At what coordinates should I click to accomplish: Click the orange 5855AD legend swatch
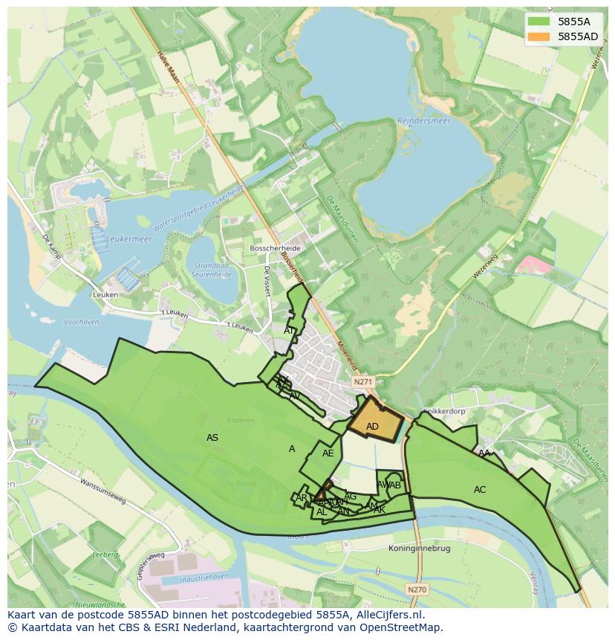click(539, 36)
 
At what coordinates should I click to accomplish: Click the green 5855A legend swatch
click(539, 22)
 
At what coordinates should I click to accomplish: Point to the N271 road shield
click(362, 381)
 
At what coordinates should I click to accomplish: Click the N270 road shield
click(417, 589)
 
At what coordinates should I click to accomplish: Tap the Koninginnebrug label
click(420, 548)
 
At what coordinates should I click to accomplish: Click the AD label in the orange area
click(372, 427)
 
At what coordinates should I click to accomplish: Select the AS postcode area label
click(212, 438)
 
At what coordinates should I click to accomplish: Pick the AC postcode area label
click(480, 490)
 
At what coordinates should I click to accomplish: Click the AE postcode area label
click(328, 453)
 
